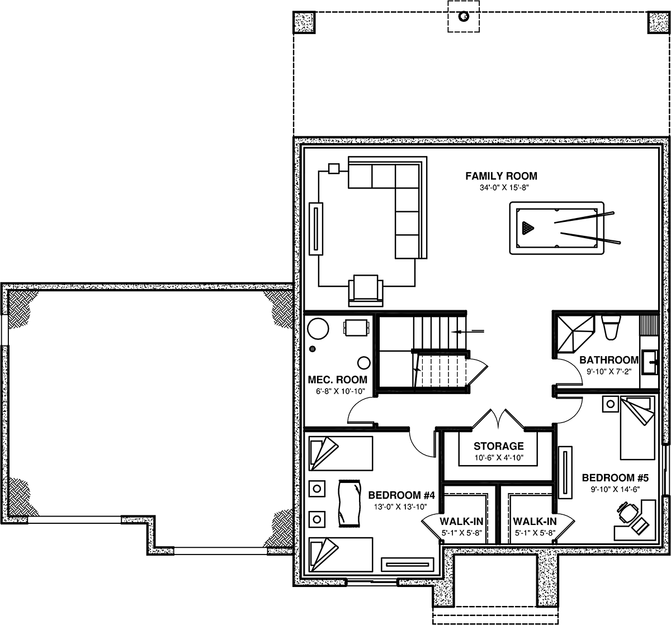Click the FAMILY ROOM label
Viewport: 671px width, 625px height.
point(501,176)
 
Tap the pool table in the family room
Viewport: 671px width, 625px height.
point(556,228)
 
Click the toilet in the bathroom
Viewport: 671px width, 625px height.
point(611,328)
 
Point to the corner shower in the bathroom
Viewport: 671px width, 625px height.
point(575,334)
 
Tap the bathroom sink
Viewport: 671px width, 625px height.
point(649,362)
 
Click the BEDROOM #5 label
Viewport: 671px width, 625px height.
point(615,478)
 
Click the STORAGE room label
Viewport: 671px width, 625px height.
point(498,446)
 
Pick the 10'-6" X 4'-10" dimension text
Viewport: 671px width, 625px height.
point(499,458)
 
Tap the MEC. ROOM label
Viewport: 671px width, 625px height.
point(337,380)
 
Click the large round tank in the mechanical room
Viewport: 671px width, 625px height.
point(318,329)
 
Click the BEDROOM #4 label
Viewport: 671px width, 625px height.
point(401,495)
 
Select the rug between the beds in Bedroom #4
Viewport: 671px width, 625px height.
point(349,503)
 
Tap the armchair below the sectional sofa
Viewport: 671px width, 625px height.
point(366,290)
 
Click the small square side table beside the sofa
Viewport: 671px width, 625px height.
point(334,169)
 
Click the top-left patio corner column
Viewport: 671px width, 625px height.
point(304,22)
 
